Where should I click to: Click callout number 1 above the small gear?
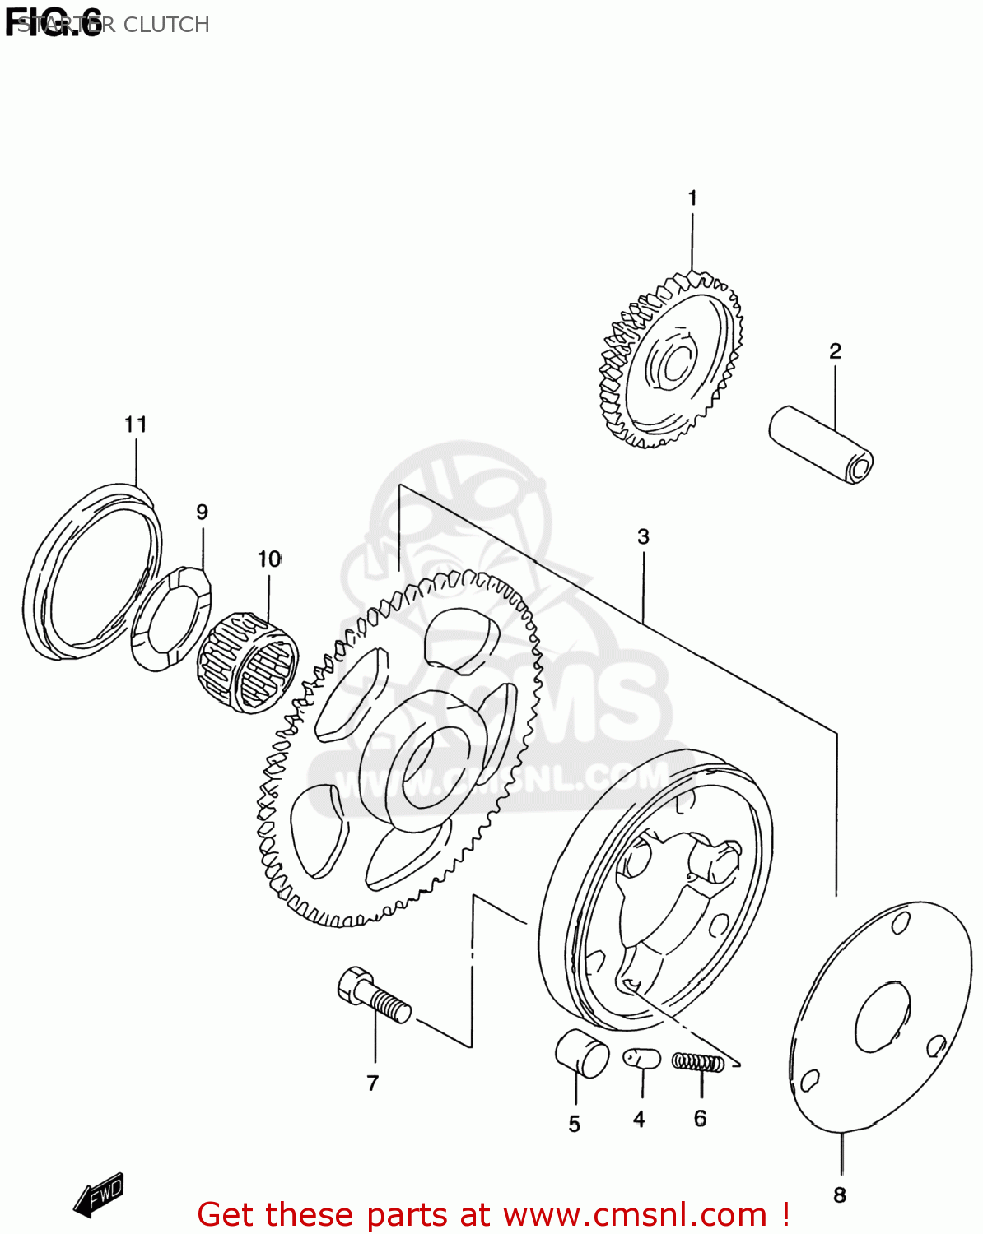click(x=692, y=198)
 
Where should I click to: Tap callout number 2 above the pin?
click(x=835, y=351)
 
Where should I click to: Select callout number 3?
click(x=643, y=537)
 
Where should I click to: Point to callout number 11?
click(x=136, y=424)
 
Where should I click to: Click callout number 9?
click(x=202, y=513)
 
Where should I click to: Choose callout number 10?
click(x=269, y=559)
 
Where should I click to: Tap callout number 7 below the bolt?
click(x=373, y=1083)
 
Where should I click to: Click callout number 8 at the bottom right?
click(x=840, y=1195)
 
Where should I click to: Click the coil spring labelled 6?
click(x=698, y=1062)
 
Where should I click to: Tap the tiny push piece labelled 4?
click(x=641, y=1057)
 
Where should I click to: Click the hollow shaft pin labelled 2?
click(x=820, y=443)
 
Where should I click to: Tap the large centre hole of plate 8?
click(x=883, y=1017)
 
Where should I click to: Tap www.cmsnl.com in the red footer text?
click(x=635, y=1215)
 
